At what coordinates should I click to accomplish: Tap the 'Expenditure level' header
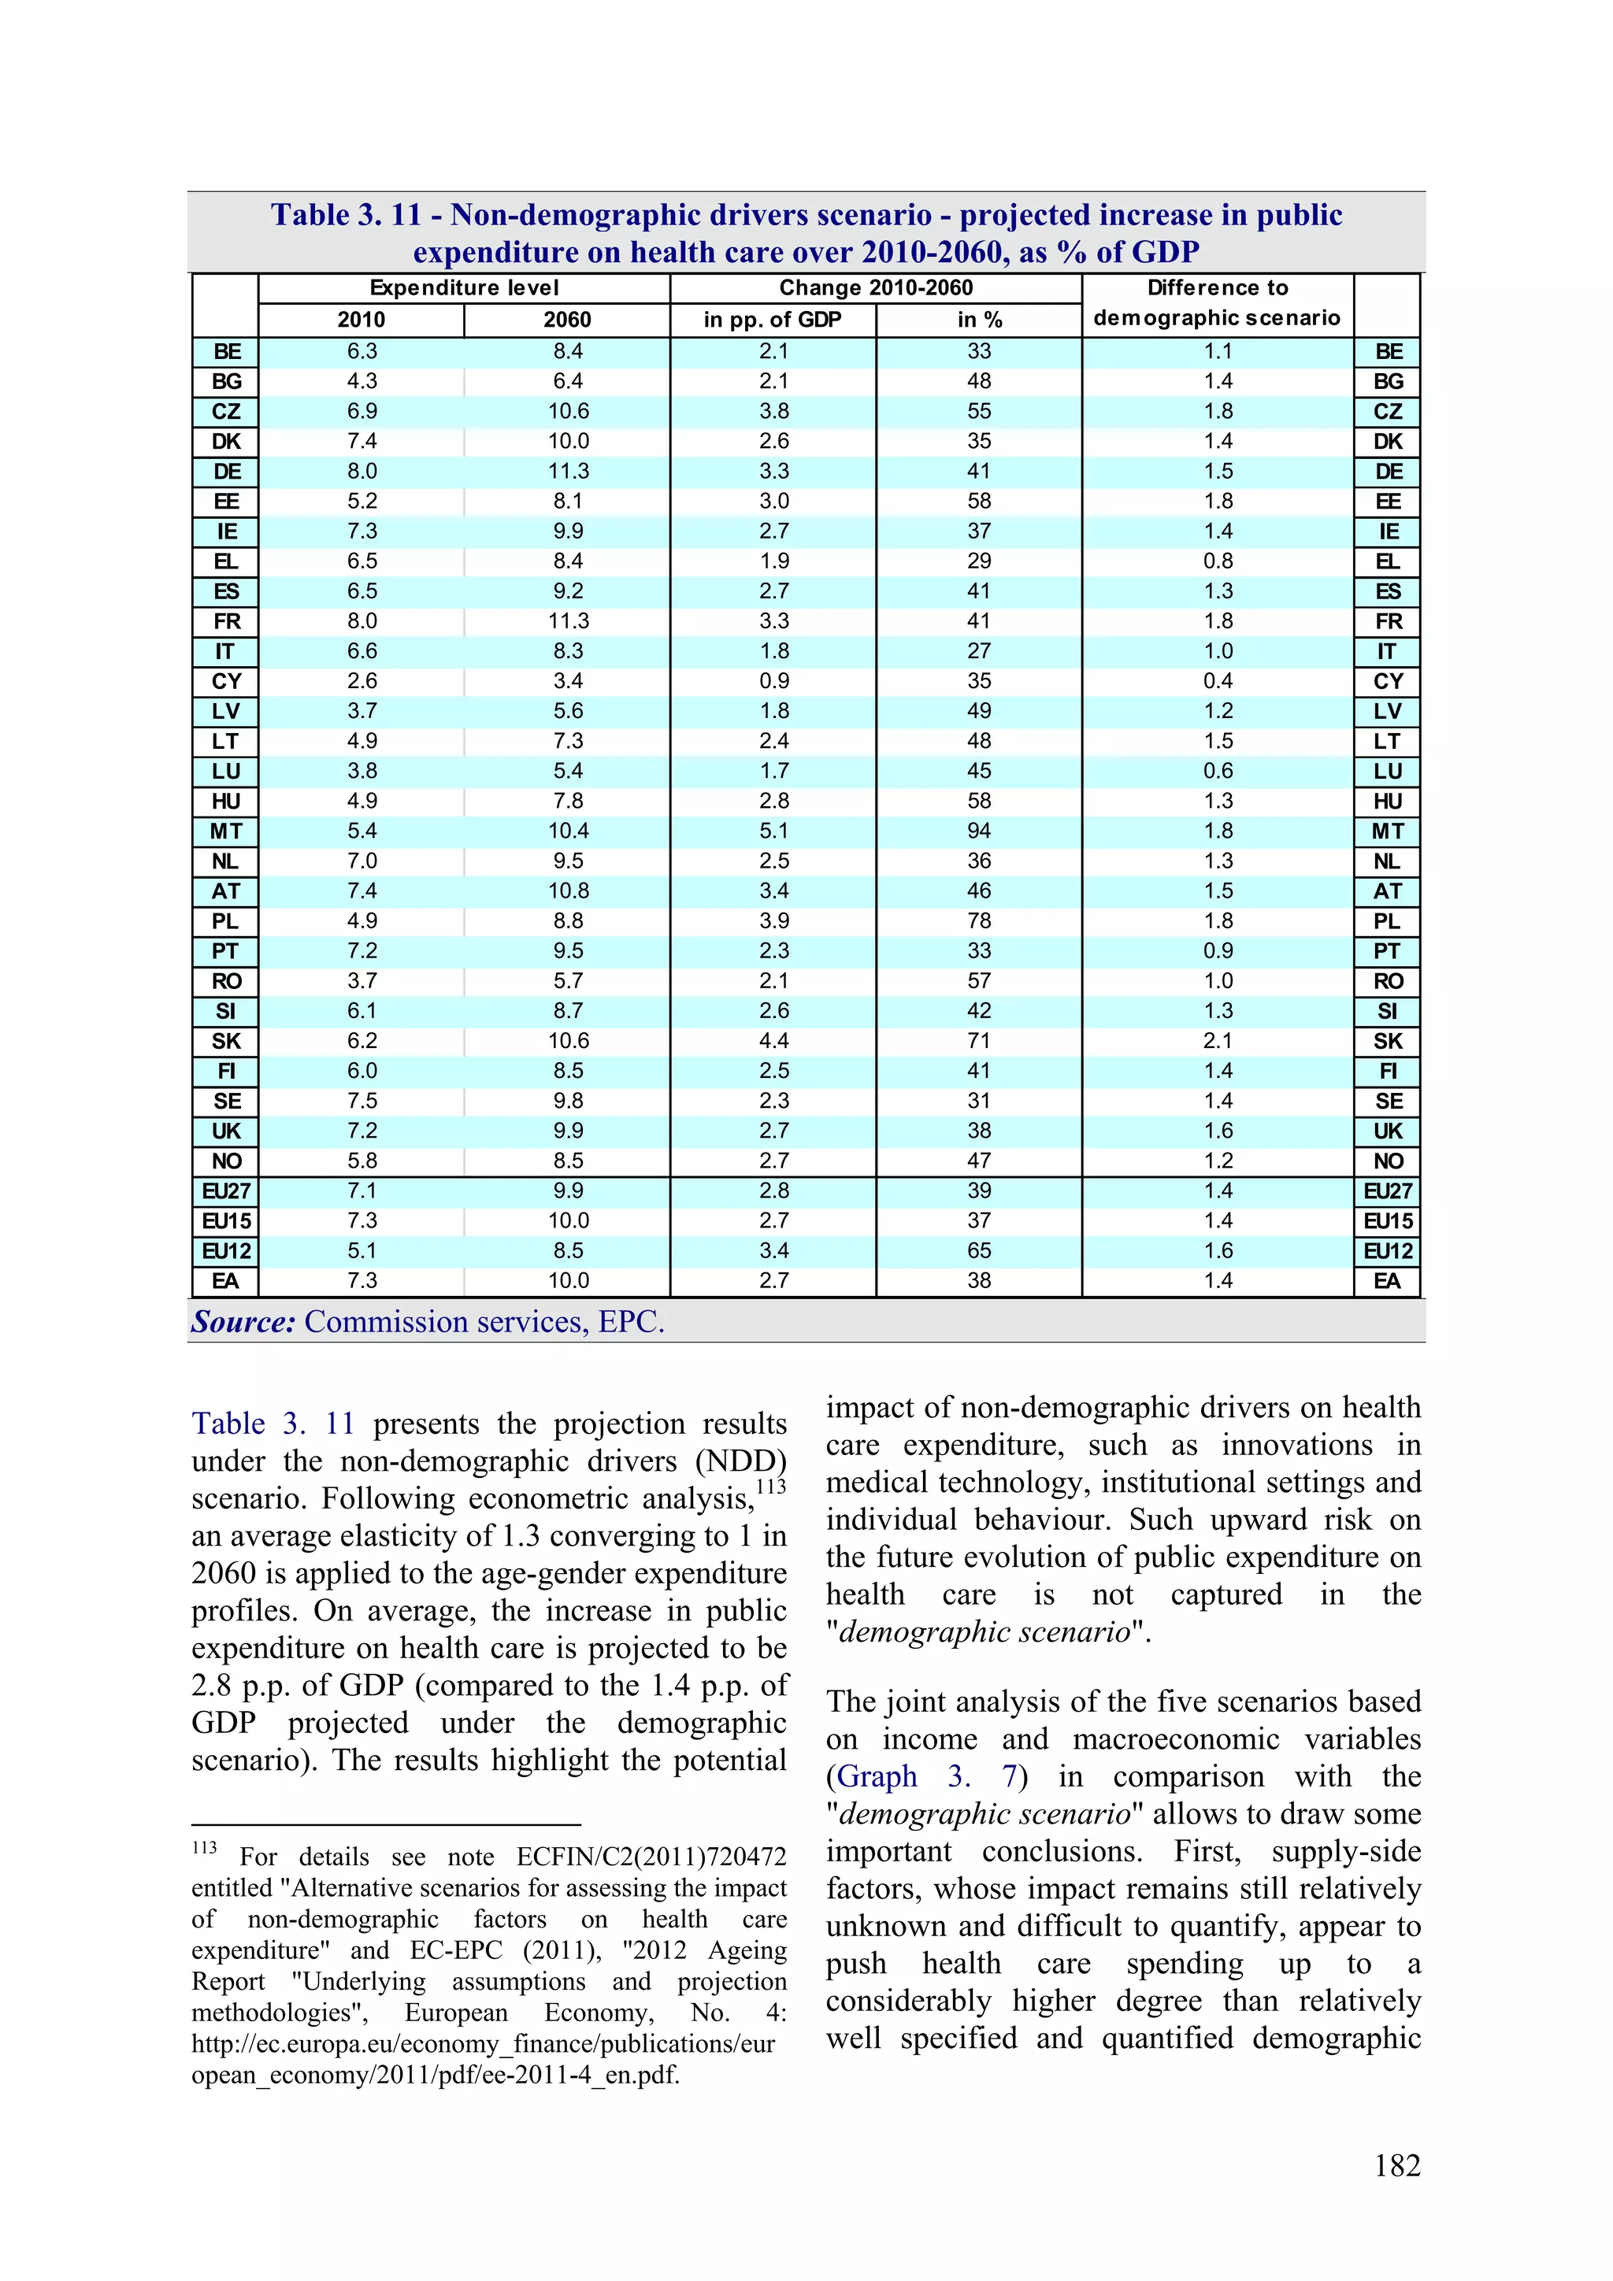point(464,288)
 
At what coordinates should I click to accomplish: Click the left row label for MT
point(225,831)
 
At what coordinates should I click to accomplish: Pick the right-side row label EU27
point(1388,1191)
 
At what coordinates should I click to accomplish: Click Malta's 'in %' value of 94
point(979,831)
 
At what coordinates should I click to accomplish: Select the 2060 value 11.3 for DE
point(569,472)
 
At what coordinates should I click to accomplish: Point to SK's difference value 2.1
point(1218,1041)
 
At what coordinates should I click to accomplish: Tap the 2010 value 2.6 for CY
point(362,682)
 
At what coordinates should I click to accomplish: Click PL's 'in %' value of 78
point(979,921)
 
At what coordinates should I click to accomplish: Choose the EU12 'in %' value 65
point(979,1251)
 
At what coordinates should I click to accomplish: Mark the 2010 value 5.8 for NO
point(362,1161)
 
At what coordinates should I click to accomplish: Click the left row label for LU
point(225,772)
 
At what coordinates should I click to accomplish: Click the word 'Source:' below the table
point(243,1322)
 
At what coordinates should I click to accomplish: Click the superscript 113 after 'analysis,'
point(770,1487)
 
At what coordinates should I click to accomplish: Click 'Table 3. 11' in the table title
point(346,215)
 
